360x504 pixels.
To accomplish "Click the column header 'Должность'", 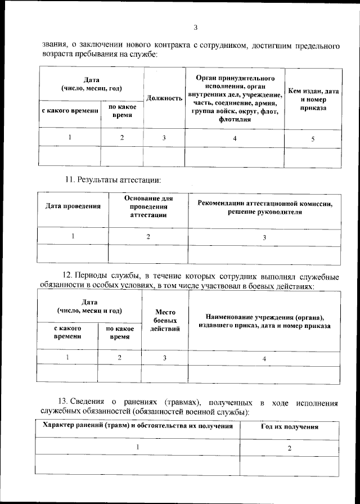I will point(164,98).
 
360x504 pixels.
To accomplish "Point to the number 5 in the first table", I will point(313,138).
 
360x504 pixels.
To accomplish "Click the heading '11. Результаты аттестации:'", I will point(112,180).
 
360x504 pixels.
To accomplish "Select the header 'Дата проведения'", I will point(73,206).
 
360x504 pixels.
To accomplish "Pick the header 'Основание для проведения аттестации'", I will point(148,206).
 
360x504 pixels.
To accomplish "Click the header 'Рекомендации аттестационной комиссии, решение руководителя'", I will point(264,208).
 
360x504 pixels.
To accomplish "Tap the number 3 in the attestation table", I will point(264,237).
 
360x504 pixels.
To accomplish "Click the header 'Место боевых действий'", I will point(165,320).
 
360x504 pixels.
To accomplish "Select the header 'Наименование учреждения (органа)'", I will point(264,321).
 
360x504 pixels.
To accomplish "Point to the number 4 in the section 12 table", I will point(264,358).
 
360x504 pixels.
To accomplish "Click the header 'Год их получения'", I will point(289,427).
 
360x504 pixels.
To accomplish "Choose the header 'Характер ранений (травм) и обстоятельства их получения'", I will point(138,426).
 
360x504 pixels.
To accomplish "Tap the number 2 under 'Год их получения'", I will point(289,448).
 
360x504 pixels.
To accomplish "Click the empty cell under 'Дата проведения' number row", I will point(73,255).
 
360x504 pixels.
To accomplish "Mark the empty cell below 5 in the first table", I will point(313,157).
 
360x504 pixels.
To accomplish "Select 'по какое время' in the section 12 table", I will point(120,332).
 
